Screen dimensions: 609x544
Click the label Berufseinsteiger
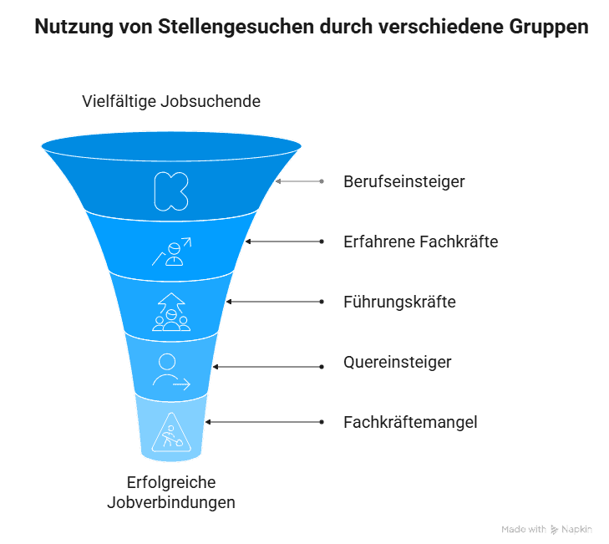click(404, 182)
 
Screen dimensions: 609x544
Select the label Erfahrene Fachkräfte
click(421, 241)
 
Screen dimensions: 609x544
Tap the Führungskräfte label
click(399, 302)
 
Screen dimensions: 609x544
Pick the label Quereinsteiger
click(398, 362)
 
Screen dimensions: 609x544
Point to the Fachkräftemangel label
click(410, 422)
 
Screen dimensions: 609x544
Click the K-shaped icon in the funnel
click(171, 191)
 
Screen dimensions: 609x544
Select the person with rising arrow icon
click(171, 252)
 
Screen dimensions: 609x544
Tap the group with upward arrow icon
click(171, 312)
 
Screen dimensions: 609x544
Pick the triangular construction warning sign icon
click(171, 432)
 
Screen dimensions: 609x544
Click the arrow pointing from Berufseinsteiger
click(299, 181)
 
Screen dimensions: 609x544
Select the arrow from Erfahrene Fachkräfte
click(285, 241)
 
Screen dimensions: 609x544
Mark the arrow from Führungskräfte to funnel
click(275, 302)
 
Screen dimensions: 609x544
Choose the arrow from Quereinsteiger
click(268, 367)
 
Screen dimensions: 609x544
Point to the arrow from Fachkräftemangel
click(265, 422)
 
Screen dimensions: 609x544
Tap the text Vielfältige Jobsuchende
click(171, 101)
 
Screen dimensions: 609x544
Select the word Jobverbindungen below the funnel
click(171, 502)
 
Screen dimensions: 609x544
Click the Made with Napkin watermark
click(546, 529)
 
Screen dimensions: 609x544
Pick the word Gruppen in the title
click(549, 27)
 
